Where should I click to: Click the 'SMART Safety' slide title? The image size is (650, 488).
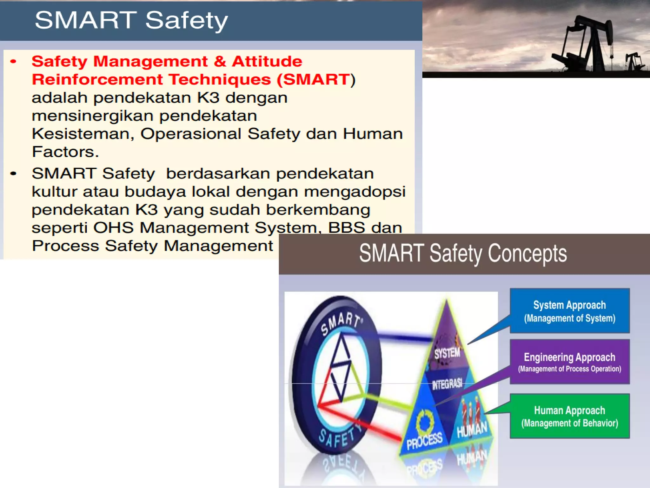coord(131,20)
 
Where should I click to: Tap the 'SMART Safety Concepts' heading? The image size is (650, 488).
coord(463,254)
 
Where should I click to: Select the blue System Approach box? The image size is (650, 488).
coord(569,311)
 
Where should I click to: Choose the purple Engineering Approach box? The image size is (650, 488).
coord(569,362)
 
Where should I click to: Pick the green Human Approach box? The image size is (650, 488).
coord(569,416)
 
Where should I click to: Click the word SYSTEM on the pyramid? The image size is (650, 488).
coord(447,353)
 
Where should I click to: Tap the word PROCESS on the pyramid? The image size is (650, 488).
coord(424,441)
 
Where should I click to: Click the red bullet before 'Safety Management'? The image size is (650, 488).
coord(13,62)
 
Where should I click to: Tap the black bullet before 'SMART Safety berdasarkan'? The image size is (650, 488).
coord(13,173)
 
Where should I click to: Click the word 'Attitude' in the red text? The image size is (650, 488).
coord(267,61)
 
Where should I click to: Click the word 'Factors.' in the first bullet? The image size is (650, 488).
coord(65,152)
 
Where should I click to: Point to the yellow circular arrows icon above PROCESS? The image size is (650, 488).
coord(425,421)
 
